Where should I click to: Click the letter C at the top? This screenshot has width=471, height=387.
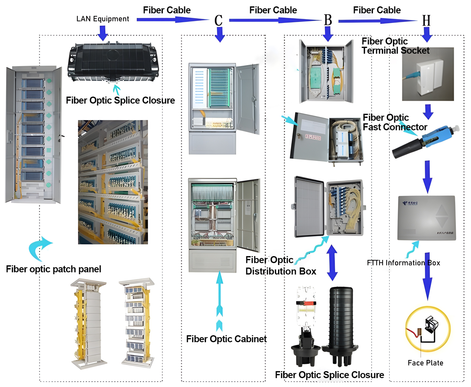pos(218,21)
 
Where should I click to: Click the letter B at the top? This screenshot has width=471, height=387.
pos(328,20)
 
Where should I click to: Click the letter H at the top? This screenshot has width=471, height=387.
pos(426,21)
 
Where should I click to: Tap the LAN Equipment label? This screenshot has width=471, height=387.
pos(103,19)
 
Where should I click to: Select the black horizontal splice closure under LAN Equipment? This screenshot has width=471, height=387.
pos(113,63)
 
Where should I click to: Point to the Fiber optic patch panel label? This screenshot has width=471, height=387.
pos(53,269)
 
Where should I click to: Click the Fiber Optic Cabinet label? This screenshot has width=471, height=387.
pos(226,339)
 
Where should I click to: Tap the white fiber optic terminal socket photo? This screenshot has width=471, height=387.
pos(428,74)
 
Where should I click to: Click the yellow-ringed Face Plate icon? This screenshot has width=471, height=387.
pos(428,329)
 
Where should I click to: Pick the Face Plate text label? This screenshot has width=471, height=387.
pos(425,363)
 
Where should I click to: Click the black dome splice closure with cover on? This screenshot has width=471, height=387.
pos(341,324)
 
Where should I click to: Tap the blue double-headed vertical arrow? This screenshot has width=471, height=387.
pos(332,262)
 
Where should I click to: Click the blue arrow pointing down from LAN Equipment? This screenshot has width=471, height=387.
pos(103,33)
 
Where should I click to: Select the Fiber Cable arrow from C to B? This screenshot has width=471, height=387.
pos(275,20)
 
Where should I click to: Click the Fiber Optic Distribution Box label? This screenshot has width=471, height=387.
pos(281,266)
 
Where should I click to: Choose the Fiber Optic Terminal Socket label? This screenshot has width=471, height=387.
pos(395,46)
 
